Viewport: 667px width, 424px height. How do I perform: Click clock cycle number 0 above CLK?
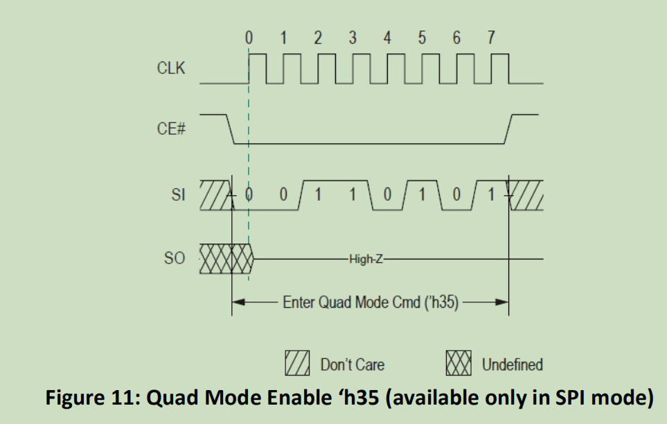click(x=248, y=39)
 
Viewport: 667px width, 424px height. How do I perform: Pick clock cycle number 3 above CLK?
click(x=353, y=39)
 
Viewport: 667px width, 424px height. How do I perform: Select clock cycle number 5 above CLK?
click(x=422, y=39)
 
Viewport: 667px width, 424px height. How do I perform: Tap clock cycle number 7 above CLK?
click(x=491, y=39)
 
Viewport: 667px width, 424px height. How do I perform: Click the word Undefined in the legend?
click(x=513, y=364)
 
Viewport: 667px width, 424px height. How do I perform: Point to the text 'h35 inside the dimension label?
click(x=444, y=302)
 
